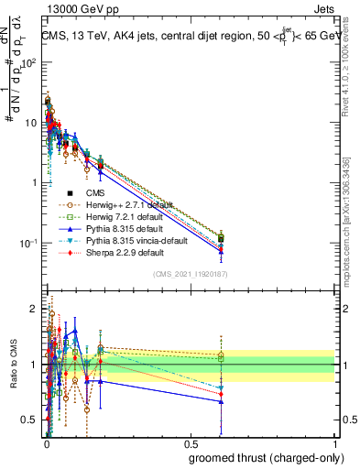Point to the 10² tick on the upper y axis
tap(28, 62)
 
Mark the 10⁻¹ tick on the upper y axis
tap(27, 243)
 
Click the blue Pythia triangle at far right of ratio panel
tap(221, 401)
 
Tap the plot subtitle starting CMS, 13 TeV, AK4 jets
tap(188, 36)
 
